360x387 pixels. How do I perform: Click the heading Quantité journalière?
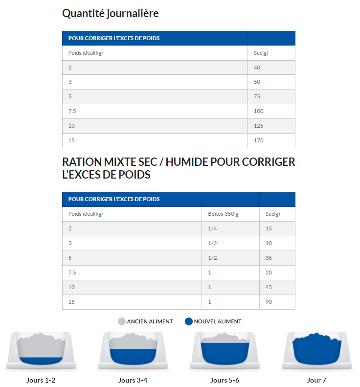[x=110, y=14]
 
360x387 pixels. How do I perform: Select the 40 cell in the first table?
[x=257, y=68]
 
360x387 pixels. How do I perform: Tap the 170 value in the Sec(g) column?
[x=259, y=140]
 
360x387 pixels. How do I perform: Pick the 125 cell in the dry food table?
[x=259, y=126]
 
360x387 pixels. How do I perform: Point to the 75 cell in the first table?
[x=257, y=96]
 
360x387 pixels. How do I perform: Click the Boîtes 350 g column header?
[x=223, y=214]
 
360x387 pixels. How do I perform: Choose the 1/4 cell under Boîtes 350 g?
[x=212, y=228]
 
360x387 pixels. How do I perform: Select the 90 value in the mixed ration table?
[x=269, y=302]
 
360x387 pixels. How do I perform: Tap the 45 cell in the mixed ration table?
[x=269, y=287]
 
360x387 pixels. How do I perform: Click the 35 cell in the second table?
[x=269, y=258]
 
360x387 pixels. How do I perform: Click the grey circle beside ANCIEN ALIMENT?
[x=122, y=321]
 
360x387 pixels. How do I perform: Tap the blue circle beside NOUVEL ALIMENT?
[x=189, y=321]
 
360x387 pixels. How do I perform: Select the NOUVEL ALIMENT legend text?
[x=217, y=321]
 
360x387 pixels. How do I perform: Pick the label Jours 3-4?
[x=133, y=380]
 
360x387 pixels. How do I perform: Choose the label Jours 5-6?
[x=225, y=380]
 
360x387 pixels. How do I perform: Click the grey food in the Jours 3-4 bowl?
[x=133, y=342]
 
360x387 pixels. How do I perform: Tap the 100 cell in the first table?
[x=259, y=111]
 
